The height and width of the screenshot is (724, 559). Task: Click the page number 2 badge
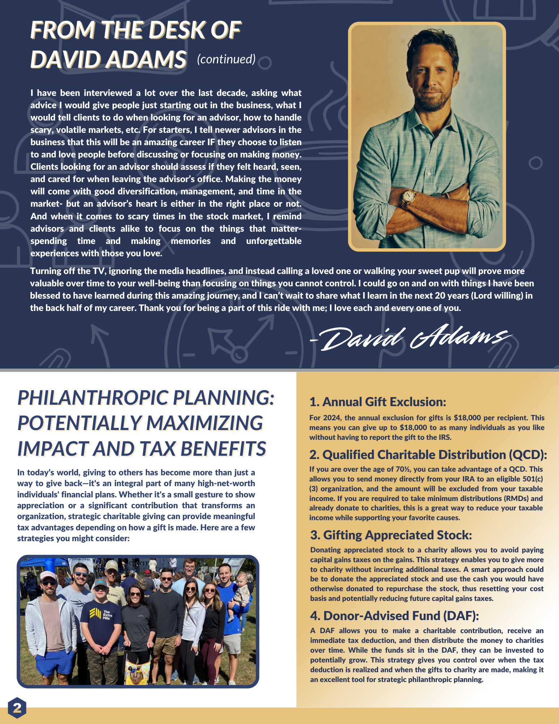click(x=17, y=707)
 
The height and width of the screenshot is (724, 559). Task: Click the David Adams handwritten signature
click(x=411, y=337)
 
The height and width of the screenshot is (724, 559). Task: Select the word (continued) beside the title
click(x=226, y=59)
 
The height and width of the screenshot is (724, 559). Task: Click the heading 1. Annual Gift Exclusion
click(x=378, y=402)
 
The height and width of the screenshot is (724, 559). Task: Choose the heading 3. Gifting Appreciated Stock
click(x=391, y=535)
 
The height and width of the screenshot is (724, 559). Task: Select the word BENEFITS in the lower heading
click(x=223, y=449)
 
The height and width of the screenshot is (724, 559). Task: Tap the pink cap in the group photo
click(x=48, y=575)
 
